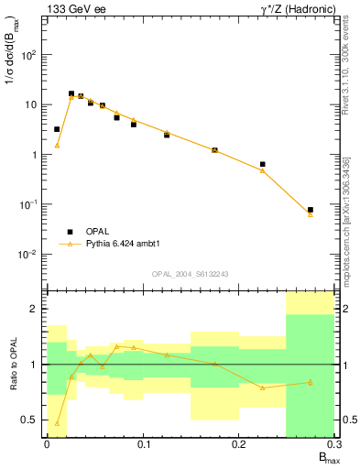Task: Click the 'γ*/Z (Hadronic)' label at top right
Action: [287, 8]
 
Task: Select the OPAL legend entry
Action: [104, 232]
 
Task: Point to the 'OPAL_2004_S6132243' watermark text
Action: [189, 274]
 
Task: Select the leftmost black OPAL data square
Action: [57, 129]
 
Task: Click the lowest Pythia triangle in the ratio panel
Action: [57, 424]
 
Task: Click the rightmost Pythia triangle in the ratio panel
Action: [311, 382]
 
